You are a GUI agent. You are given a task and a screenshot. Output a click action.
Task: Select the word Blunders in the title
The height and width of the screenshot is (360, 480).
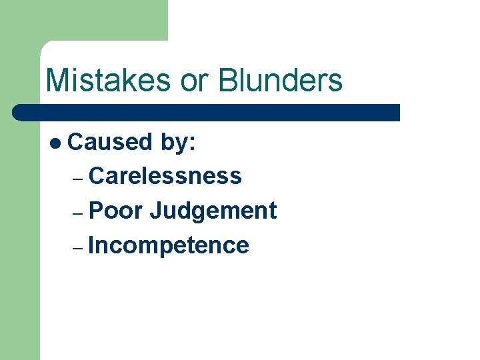click(x=280, y=81)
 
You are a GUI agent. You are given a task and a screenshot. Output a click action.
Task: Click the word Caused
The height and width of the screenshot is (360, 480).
click(x=110, y=141)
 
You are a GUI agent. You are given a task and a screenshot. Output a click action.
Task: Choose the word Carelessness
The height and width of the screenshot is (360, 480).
click(x=165, y=176)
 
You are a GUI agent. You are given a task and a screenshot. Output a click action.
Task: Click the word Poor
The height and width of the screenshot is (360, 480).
click(x=115, y=211)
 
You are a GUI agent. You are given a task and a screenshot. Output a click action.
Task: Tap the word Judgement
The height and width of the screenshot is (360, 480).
click(x=213, y=211)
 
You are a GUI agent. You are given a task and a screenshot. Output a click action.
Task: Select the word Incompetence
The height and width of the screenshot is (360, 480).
click(x=169, y=245)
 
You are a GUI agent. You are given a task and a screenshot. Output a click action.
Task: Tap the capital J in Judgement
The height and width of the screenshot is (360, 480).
click(x=156, y=211)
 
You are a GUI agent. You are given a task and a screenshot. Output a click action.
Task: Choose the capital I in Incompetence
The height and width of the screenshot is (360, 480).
click(x=91, y=245)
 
